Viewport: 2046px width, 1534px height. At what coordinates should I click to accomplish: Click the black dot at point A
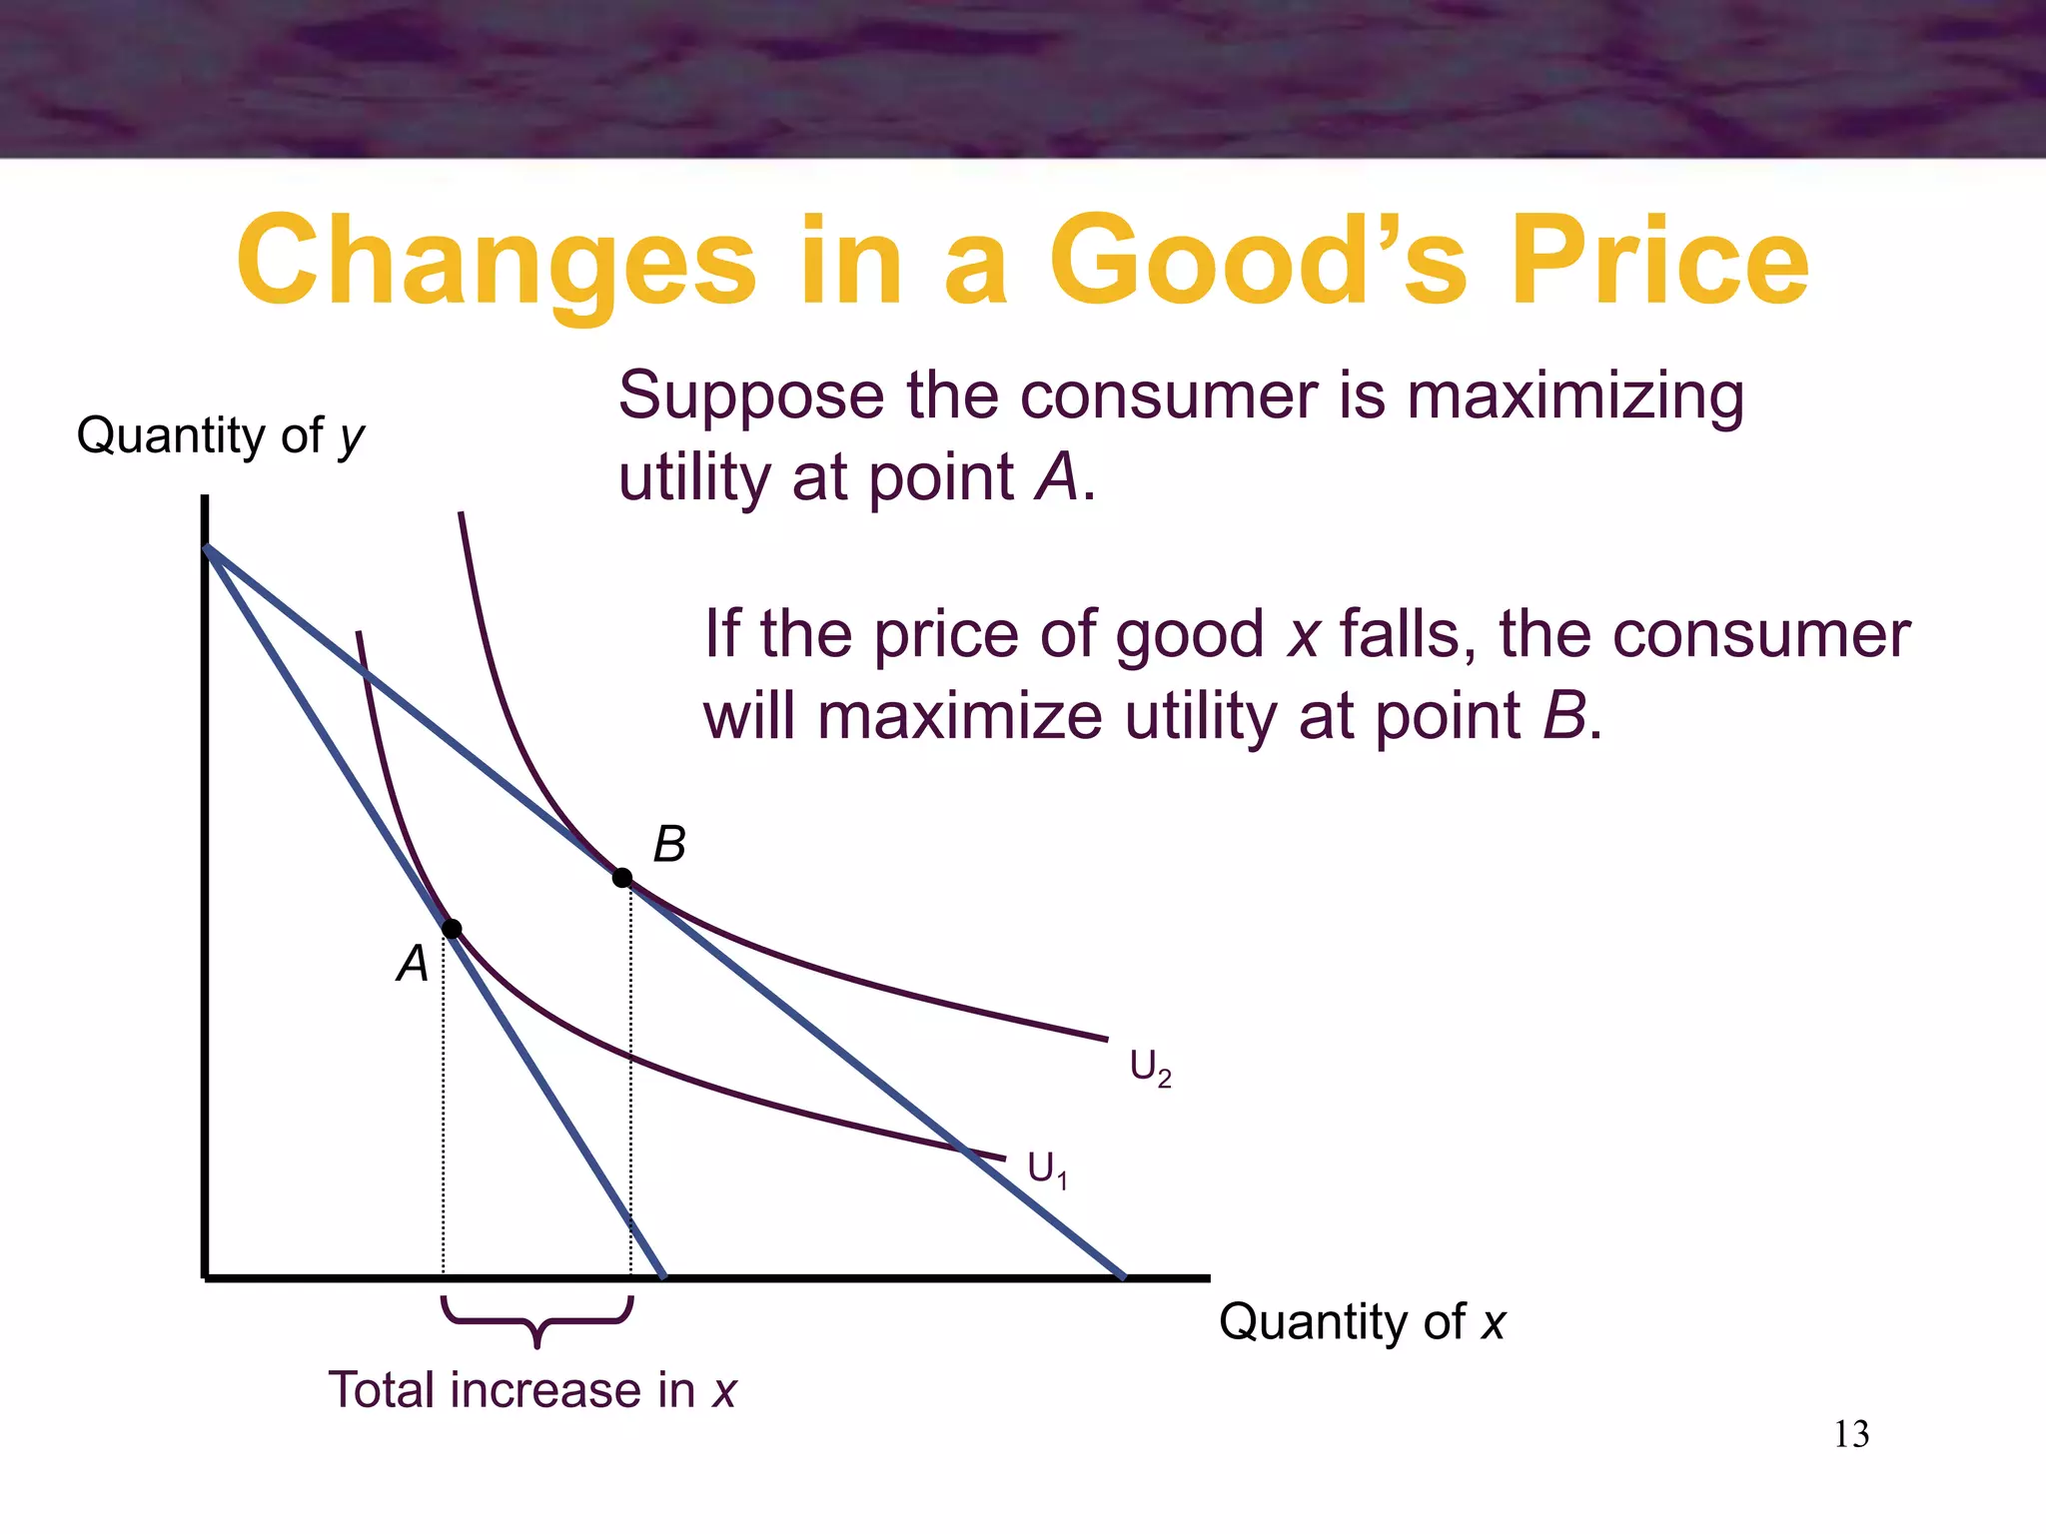pos(452,929)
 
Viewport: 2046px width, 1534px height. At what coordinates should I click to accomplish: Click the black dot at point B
pos(622,878)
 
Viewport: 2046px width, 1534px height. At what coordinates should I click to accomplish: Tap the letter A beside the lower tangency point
pos(413,964)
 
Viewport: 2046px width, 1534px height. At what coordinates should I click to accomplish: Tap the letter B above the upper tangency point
pos(669,845)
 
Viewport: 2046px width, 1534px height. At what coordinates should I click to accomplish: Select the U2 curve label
pos(1150,1068)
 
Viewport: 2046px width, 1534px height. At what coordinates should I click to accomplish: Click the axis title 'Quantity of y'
pos(221,436)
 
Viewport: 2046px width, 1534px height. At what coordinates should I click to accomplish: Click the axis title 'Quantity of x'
pos(1362,1322)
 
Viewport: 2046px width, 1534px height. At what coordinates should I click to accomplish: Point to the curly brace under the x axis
pos(537,1320)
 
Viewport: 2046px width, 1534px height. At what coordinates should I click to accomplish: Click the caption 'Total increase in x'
pos(531,1390)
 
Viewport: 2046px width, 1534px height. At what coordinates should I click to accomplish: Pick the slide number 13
pos(1851,1434)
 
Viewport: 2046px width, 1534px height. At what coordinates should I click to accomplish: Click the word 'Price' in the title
pos(1659,262)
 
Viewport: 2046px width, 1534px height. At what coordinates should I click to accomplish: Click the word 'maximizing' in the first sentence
pos(1575,396)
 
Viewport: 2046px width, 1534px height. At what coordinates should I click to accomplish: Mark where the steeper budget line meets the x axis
pos(664,1276)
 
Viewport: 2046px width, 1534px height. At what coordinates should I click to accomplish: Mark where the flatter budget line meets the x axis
pos(1124,1276)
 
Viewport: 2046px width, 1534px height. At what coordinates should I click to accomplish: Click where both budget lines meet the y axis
pos(206,547)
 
